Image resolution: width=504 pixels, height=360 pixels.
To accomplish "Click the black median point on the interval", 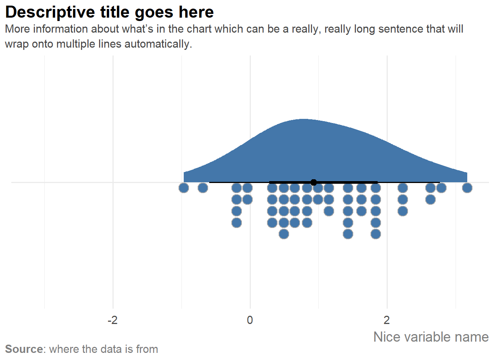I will (x=314, y=183).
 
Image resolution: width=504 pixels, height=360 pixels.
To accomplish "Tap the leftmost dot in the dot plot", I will (x=184, y=188).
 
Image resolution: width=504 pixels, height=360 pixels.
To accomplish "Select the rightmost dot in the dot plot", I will (x=467, y=188).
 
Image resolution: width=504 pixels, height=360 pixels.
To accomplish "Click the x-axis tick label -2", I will (x=112, y=320).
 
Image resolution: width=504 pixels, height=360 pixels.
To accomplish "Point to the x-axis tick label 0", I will (x=250, y=320).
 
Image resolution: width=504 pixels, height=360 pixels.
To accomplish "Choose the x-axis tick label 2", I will (x=387, y=320).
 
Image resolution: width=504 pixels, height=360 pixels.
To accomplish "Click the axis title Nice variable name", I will (x=431, y=337).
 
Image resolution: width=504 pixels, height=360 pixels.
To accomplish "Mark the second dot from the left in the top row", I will (x=203, y=188).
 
